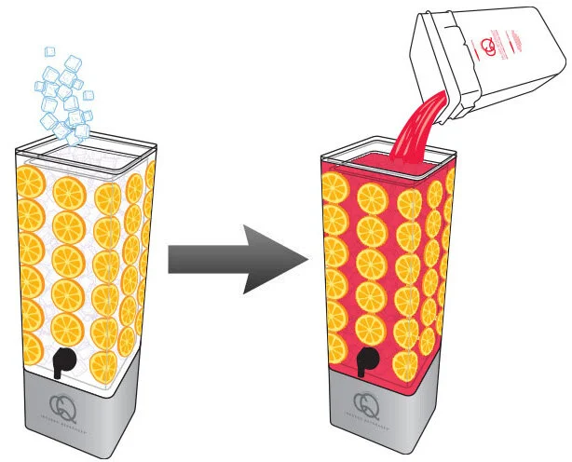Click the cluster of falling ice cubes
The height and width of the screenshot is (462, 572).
(65, 93)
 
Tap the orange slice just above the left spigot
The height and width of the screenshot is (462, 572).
(65, 326)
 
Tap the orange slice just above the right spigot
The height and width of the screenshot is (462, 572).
(371, 325)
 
